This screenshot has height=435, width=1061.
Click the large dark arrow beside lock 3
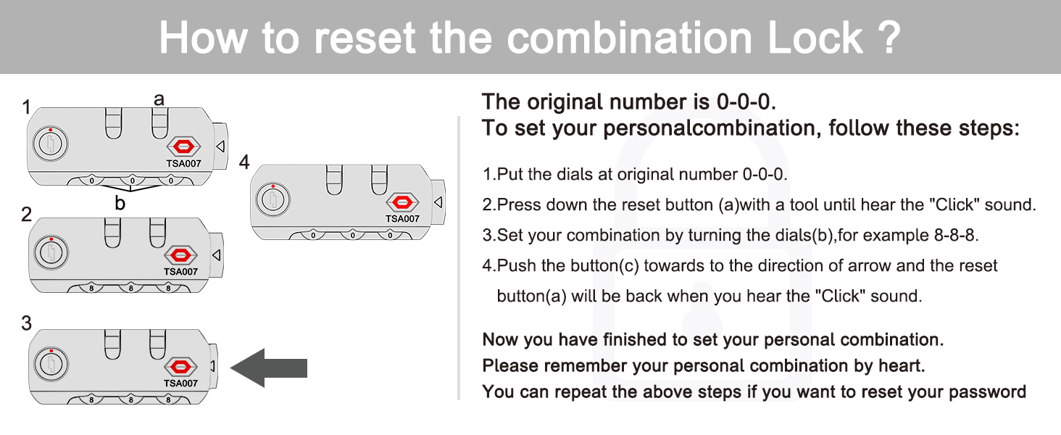269,368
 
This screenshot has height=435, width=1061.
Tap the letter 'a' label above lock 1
159,99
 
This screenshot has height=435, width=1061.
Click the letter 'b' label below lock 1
120,203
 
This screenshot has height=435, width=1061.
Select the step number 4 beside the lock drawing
244,162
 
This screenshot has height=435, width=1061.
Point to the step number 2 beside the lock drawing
27,215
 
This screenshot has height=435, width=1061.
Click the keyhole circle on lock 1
50,144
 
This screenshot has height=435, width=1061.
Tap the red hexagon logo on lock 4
403,203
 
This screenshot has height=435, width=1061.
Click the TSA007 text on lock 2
180,272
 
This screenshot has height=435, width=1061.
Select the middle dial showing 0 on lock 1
132,181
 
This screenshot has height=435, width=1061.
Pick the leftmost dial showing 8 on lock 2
91,288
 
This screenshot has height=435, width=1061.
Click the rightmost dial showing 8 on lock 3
168,400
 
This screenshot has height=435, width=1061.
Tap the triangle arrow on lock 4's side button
438,202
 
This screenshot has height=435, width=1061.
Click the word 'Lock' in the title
815,38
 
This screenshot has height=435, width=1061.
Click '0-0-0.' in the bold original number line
746,102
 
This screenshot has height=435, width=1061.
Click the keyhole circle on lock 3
51,364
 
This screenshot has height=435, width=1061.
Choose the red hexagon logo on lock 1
184,147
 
